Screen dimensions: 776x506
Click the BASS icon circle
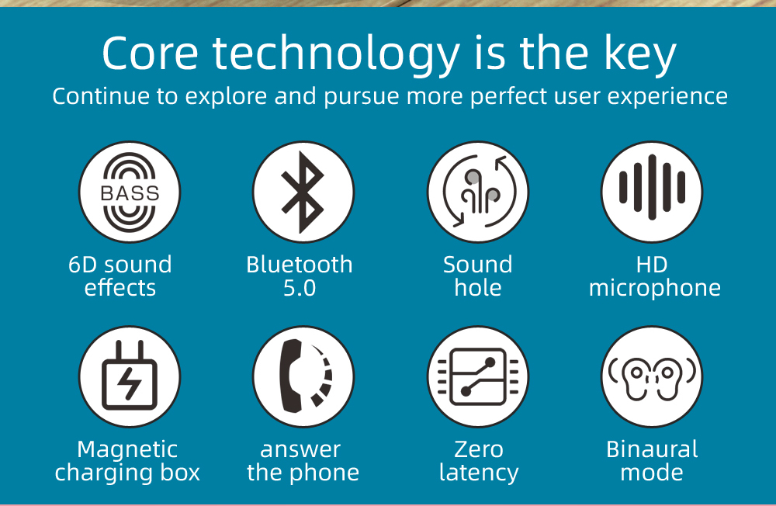click(x=130, y=192)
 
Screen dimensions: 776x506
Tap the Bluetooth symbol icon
click(x=303, y=192)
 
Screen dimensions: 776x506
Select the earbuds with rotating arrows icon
click(x=478, y=192)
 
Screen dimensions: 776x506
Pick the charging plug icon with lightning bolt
click(x=130, y=376)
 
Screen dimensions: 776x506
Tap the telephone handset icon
click(x=303, y=376)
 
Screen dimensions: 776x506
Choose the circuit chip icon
click(x=478, y=376)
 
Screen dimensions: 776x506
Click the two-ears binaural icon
click(x=652, y=376)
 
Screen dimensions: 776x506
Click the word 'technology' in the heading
click(x=337, y=55)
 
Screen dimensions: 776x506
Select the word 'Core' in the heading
click(x=150, y=54)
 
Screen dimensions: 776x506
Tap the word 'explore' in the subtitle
click(x=226, y=96)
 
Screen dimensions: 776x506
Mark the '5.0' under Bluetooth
click(x=300, y=288)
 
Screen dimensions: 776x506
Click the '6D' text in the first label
click(x=85, y=265)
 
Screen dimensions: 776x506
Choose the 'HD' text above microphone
click(x=652, y=265)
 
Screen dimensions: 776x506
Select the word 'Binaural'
click(x=652, y=449)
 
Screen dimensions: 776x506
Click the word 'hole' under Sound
click(x=478, y=288)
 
